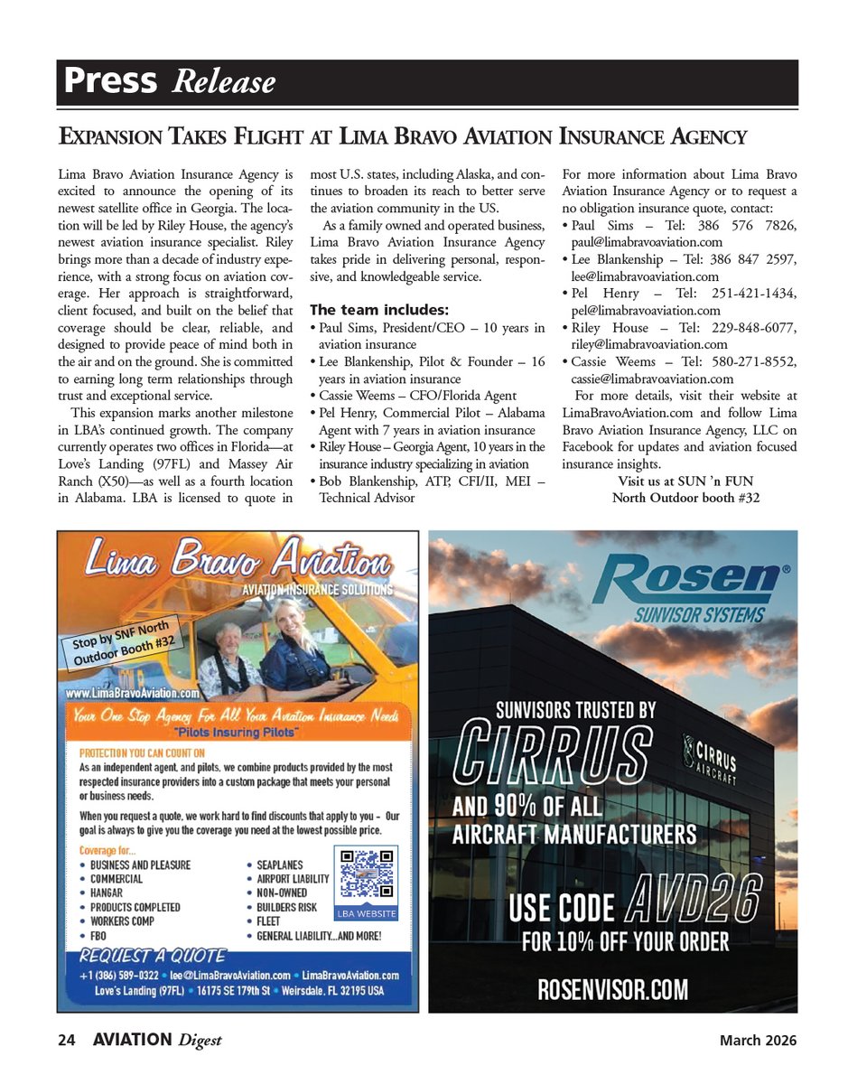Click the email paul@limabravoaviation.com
pos(647,242)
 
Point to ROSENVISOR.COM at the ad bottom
pos(613,989)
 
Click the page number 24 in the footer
pos(65,1041)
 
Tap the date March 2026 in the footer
pos(758,1041)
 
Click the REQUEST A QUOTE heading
pos(153,956)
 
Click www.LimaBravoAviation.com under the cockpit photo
pos(132,694)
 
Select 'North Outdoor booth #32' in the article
pos(685,498)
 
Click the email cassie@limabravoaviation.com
pos(652,379)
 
